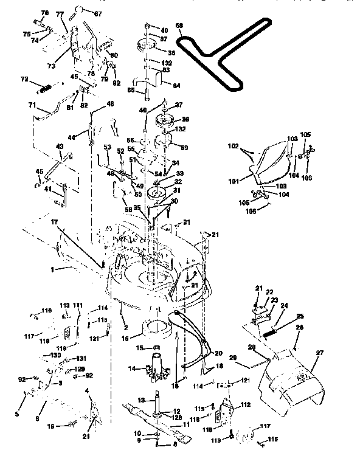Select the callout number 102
pyautogui.click(x=232, y=147)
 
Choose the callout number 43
pyautogui.click(x=59, y=147)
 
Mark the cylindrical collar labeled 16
pyautogui.click(x=157, y=330)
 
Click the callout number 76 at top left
pyautogui.click(x=44, y=13)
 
